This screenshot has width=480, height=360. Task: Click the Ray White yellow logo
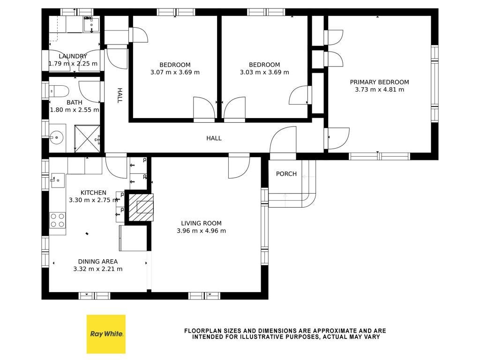pyautogui.click(x=106, y=334)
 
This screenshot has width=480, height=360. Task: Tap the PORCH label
pyautogui.click(x=286, y=174)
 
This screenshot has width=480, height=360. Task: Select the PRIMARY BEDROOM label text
pyautogui.click(x=379, y=82)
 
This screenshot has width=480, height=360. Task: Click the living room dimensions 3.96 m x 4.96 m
pyautogui.click(x=201, y=231)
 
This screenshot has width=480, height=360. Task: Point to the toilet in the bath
pyautogui.click(x=59, y=91)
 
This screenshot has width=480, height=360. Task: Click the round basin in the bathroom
pyautogui.click(x=56, y=138)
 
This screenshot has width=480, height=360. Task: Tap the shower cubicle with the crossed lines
pyautogui.click(x=87, y=138)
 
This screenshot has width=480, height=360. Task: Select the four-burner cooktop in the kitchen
pyautogui.click(x=58, y=220)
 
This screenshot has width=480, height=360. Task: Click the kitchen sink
pyautogui.click(x=58, y=180)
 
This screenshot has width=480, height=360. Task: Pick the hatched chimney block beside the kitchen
pyautogui.click(x=141, y=207)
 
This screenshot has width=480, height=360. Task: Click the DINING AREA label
pyautogui.click(x=97, y=262)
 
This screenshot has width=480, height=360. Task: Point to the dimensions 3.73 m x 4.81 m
pyautogui.click(x=379, y=90)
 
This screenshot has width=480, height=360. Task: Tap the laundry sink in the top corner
pyautogui.click(x=91, y=25)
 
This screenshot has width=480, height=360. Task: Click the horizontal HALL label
pyautogui.click(x=214, y=138)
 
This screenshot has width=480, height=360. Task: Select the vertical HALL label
pyautogui.click(x=120, y=96)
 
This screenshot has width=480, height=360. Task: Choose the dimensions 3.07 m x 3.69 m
pyautogui.click(x=175, y=72)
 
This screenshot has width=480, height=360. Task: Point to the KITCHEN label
pyautogui.click(x=93, y=193)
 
